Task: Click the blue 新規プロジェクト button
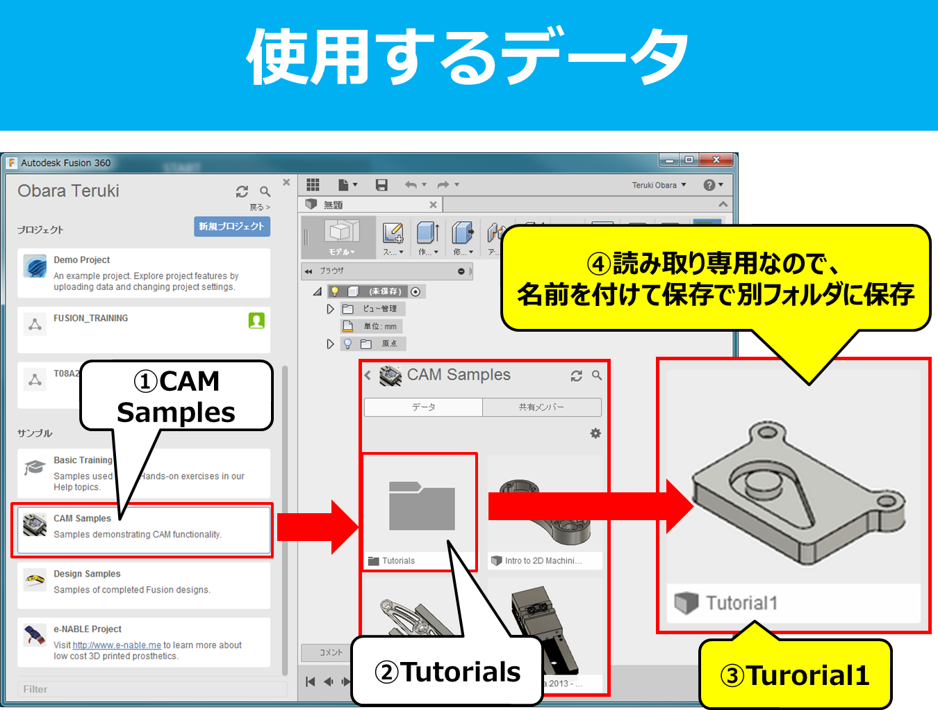click(231, 227)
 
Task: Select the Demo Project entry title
click(81, 260)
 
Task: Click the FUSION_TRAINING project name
click(90, 318)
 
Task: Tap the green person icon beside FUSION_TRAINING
click(256, 321)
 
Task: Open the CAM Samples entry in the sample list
click(82, 519)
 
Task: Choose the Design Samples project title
click(87, 574)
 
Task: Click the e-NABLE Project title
click(88, 629)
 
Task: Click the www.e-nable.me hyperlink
click(117, 645)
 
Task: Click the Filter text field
click(151, 689)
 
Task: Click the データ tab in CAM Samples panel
click(423, 408)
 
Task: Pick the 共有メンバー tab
click(541, 408)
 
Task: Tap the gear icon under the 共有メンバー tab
click(595, 433)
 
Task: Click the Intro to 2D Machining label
click(543, 561)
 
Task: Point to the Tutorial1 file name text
click(741, 603)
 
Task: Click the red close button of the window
click(716, 160)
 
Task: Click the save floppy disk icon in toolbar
click(381, 185)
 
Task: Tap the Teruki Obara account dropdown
click(658, 185)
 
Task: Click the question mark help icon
click(709, 185)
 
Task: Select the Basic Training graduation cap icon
click(35, 467)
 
